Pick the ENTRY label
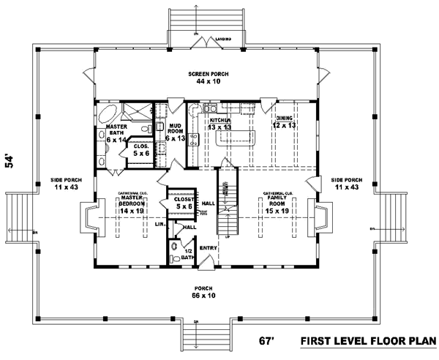[x=208, y=248]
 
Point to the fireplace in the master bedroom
[x=89, y=217]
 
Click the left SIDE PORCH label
[x=66, y=184]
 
